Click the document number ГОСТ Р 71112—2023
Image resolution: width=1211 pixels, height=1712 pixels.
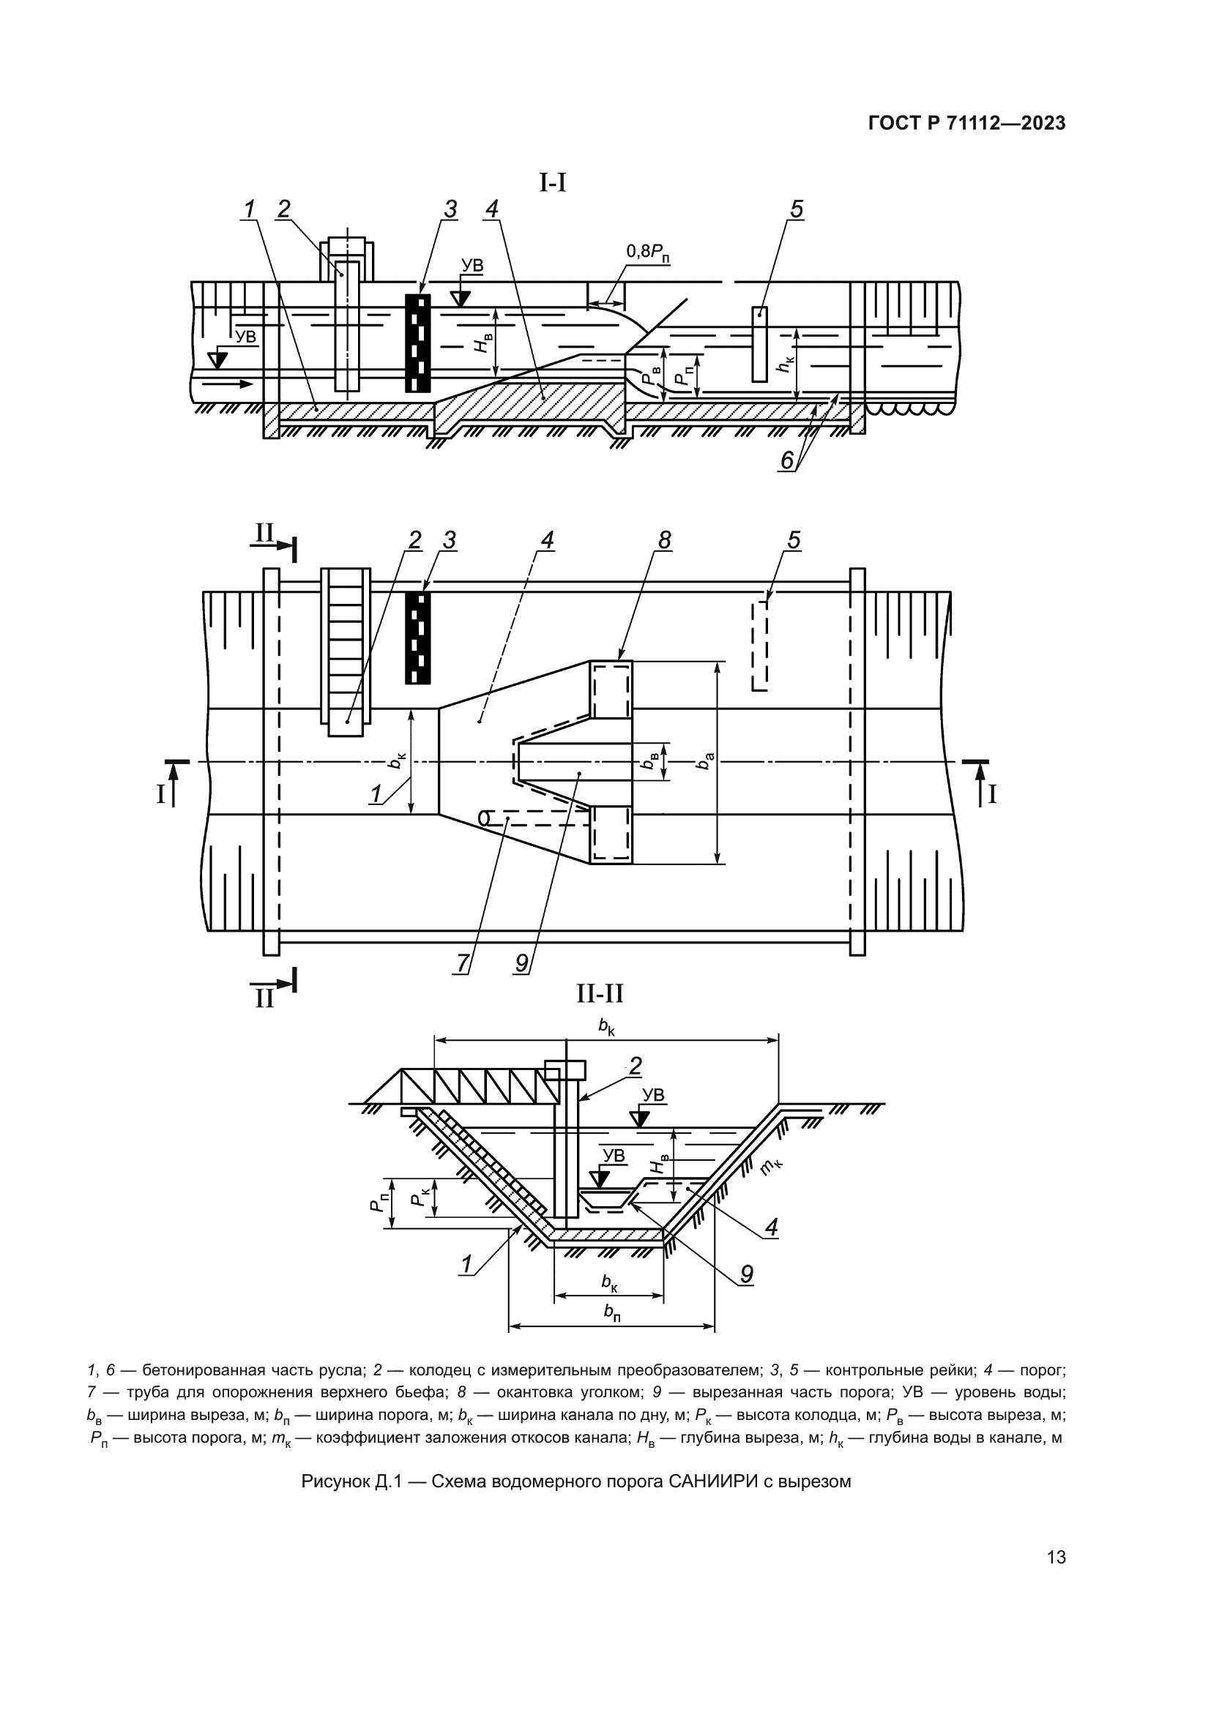tap(966, 124)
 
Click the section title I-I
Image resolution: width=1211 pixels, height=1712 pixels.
tap(553, 182)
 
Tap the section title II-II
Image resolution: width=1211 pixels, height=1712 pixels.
tap(600, 993)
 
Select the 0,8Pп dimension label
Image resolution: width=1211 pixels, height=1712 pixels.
tap(647, 252)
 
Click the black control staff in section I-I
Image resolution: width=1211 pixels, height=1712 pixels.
tap(417, 343)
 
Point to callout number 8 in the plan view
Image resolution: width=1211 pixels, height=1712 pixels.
tap(664, 540)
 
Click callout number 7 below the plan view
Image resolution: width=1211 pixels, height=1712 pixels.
tap(463, 962)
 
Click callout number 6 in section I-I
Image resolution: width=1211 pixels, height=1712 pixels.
tap(786, 461)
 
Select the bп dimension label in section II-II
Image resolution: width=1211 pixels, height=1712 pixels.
tap(612, 1314)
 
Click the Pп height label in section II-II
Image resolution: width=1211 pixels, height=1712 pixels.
tap(379, 1201)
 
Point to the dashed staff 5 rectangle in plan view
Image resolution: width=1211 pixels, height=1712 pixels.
tap(759, 646)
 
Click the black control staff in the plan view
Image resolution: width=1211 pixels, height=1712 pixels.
tap(417, 638)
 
